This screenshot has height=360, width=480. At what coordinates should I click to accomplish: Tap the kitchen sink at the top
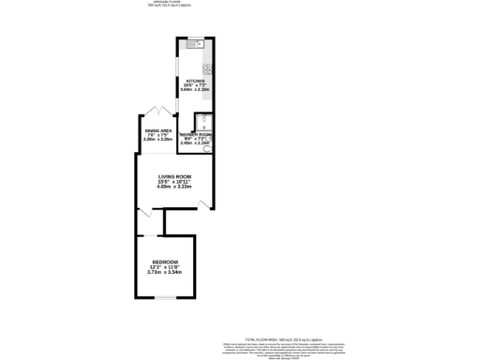[x=196, y=45]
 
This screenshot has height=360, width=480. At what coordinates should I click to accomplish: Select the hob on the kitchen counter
[x=207, y=69]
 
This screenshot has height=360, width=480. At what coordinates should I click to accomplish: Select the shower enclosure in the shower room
[x=202, y=118]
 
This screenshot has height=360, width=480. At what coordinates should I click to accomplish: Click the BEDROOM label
[x=166, y=262]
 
